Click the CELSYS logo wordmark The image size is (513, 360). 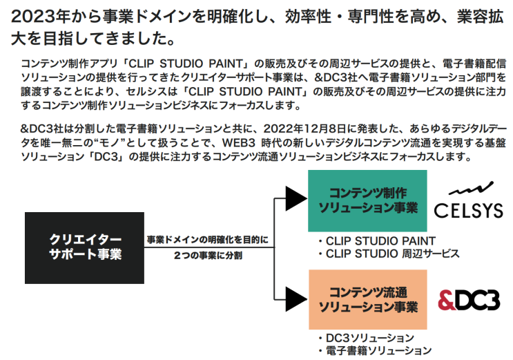[x=468, y=210]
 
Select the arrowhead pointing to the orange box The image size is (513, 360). [x=296, y=299]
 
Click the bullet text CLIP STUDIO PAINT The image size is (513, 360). [x=380, y=240]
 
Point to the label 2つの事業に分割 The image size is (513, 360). [x=207, y=255]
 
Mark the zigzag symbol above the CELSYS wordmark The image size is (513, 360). [x=467, y=188]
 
